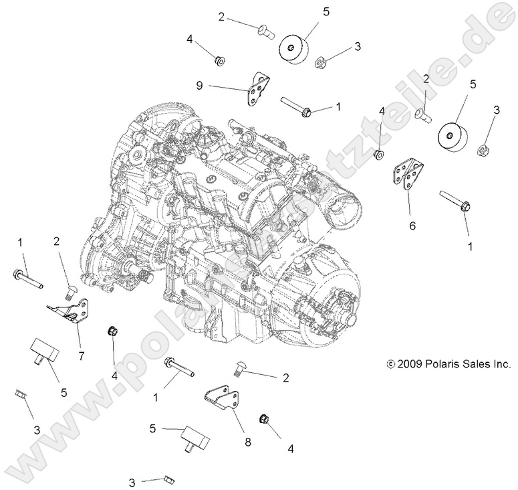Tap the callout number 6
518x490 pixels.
click(412, 226)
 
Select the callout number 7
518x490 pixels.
click(81, 355)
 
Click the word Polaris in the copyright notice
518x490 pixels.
click(442, 365)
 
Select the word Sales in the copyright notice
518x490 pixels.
click(475, 365)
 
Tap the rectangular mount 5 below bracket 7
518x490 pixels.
click(43, 350)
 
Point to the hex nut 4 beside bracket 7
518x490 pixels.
click(112, 331)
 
